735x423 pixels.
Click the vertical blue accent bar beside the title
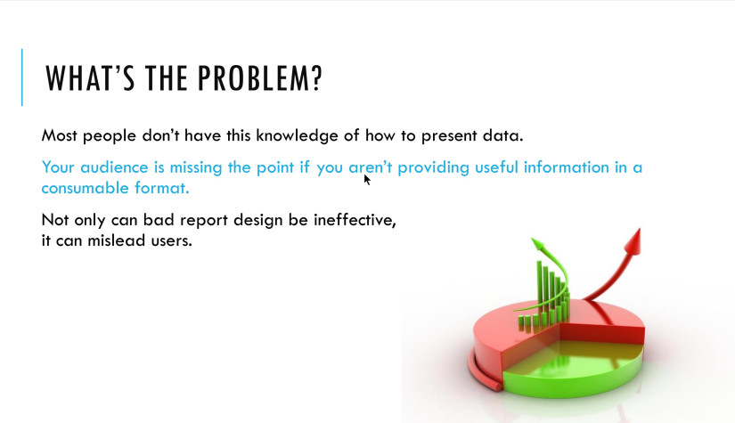coord(22,77)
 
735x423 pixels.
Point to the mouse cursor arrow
coord(366,179)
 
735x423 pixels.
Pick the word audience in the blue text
coord(111,167)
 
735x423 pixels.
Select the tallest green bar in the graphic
coord(540,285)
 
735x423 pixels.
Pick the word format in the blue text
coord(164,189)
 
